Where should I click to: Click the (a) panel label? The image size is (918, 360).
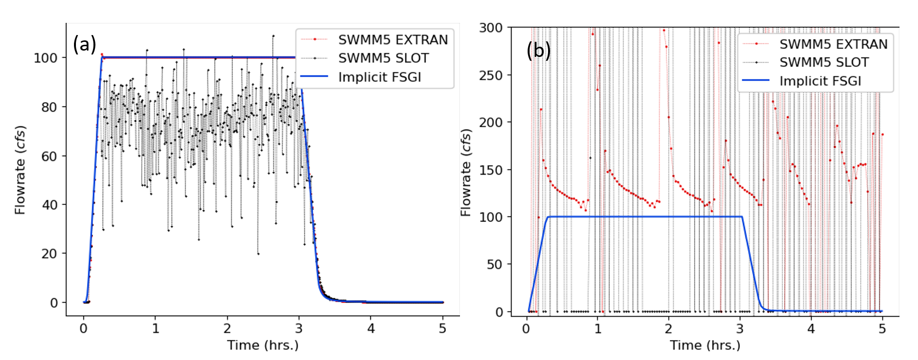[x=84, y=44]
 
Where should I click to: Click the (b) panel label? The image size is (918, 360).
[x=538, y=50]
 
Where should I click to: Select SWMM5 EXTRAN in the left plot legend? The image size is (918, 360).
[x=393, y=39]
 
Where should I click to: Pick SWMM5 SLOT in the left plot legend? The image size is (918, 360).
[x=383, y=58]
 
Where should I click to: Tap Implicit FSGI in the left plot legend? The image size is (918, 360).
[x=379, y=77]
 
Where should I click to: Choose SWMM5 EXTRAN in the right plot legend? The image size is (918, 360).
[x=833, y=44]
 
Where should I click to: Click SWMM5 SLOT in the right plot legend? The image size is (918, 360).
[x=824, y=62]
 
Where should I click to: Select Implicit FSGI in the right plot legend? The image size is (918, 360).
[x=820, y=81]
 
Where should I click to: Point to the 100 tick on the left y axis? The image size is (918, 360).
[x=45, y=58]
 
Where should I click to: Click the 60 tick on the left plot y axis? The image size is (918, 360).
[x=49, y=156]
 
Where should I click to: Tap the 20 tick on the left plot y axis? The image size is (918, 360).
[x=49, y=253]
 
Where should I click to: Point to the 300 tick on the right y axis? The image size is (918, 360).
[x=491, y=28]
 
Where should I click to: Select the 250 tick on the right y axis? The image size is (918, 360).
[x=491, y=75]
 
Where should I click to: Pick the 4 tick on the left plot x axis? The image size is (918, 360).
[x=371, y=329]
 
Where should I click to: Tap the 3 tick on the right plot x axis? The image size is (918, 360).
[x=740, y=329]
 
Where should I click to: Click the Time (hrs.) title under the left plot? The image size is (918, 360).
[x=263, y=345]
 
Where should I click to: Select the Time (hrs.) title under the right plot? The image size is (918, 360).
[x=705, y=345]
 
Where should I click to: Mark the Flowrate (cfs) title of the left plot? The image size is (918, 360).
[x=20, y=170]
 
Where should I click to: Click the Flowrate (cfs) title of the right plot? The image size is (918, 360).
[x=466, y=172]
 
